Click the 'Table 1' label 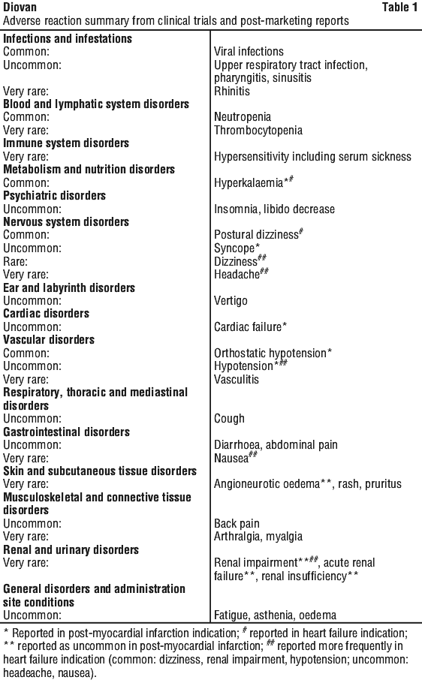coord(399,7)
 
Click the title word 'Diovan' coord(20,7)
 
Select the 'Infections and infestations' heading coord(68,39)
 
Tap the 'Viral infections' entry coord(249,52)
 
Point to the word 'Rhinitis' coord(232,91)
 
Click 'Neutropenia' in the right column coord(243,117)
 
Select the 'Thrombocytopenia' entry coord(258,131)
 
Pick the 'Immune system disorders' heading coord(66,143)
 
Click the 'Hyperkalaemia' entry coord(249,182)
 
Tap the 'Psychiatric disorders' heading coord(55,196)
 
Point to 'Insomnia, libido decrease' coord(274,209)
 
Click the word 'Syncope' coord(234,248)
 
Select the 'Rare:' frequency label coord(15,261)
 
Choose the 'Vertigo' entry coord(231,300)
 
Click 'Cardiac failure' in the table coord(248,326)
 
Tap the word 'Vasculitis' coord(237,379)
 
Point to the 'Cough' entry coord(229,419)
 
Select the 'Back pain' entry coord(237,524)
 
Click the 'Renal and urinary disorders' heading coord(71,549)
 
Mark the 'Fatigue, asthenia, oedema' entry coord(275,615)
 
